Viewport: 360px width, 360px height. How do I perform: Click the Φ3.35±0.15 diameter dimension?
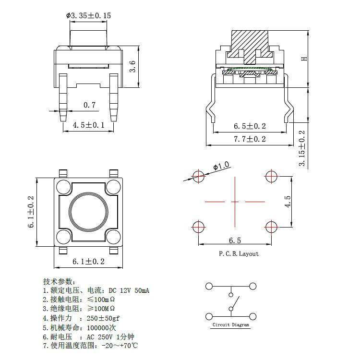(x=88, y=16)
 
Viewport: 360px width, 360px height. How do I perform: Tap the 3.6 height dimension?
(x=133, y=66)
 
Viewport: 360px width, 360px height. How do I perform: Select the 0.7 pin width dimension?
(x=89, y=105)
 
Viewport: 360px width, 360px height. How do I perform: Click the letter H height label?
(x=303, y=58)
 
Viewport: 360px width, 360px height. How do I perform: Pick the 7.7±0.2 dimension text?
(x=250, y=139)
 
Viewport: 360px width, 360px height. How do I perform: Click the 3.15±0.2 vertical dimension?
(x=302, y=149)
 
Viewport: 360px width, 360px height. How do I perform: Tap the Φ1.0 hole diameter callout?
(x=221, y=167)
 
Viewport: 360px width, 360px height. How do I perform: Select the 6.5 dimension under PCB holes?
(x=235, y=240)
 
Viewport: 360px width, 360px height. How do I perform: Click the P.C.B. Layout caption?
(x=239, y=254)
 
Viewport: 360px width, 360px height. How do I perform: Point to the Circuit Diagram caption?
(x=231, y=325)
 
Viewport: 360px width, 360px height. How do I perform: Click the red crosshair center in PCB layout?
(x=235, y=202)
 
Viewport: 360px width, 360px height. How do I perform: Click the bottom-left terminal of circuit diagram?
(x=209, y=316)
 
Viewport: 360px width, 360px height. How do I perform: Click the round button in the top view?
(x=88, y=209)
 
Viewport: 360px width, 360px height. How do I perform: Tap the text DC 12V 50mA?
(x=129, y=290)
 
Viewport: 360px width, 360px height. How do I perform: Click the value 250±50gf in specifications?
(x=103, y=318)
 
